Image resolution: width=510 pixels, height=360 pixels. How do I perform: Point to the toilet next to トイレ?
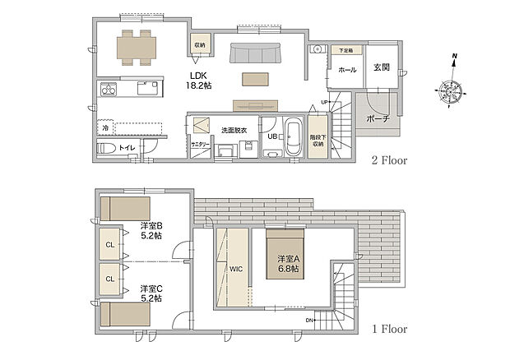point(107,149)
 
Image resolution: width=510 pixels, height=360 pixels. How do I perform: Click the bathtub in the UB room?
point(294,135)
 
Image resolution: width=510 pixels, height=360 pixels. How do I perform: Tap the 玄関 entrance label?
point(381,67)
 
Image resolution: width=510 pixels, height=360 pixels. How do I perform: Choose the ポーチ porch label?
point(378,118)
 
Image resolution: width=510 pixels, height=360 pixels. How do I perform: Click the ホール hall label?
point(347,70)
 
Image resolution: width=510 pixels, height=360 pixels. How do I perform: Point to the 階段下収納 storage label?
point(317,140)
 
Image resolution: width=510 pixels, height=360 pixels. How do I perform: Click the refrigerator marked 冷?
point(106,127)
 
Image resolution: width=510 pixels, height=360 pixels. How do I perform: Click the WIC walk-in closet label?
point(236,268)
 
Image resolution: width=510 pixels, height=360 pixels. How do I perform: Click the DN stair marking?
point(309,319)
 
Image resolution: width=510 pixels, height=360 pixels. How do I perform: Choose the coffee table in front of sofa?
point(254,79)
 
